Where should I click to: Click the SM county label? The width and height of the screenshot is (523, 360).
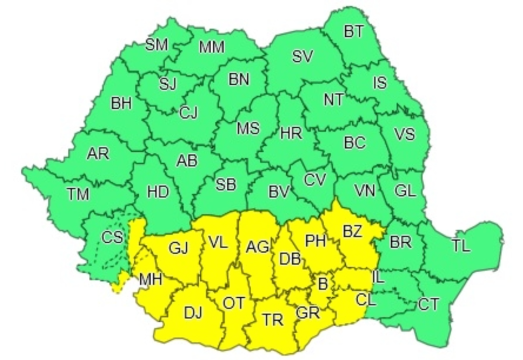pos(156,45)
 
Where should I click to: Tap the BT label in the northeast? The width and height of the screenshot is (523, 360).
pos(354,32)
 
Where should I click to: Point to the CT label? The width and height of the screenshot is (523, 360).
pos(429,303)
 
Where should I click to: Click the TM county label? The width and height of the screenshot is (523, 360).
pos(78,194)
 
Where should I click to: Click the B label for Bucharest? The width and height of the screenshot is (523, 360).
pos(323,285)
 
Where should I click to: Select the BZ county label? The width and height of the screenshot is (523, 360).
pos(352,231)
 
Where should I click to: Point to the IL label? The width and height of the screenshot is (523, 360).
pos(378,278)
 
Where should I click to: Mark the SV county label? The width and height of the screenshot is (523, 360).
pos(302,57)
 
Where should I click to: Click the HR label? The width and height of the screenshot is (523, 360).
pos(291,133)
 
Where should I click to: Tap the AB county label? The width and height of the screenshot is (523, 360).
pos(187,161)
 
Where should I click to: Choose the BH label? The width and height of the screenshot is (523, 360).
pos(121,104)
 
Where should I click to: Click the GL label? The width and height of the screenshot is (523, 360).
pos(405,191)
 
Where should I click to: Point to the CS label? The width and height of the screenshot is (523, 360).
pos(112,238)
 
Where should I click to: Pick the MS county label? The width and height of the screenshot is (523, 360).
pos(248,128)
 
